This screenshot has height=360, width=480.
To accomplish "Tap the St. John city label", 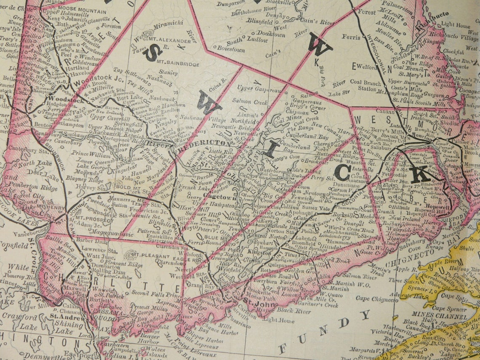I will click(254, 300).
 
